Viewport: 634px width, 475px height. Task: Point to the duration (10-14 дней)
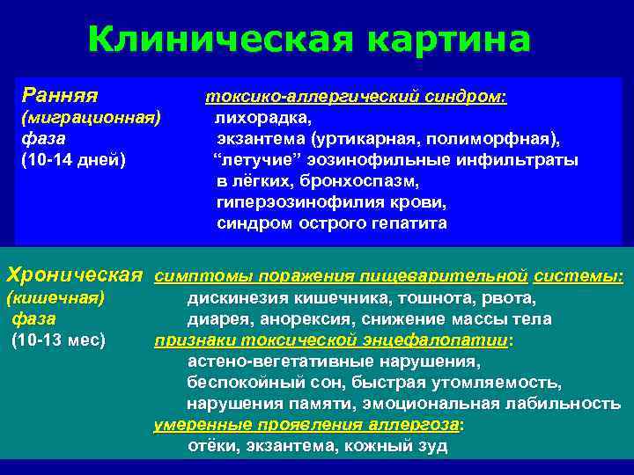click(73, 159)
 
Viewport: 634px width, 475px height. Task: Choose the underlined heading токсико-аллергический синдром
click(356, 96)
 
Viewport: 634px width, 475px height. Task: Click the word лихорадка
click(262, 117)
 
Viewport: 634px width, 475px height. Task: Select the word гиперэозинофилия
click(284, 201)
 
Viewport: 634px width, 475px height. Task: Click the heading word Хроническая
click(75, 274)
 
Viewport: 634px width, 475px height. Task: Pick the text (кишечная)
click(55, 297)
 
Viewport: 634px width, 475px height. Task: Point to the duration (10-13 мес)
click(59, 340)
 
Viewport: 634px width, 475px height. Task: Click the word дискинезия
click(232, 297)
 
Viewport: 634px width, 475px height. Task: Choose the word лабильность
click(573, 403)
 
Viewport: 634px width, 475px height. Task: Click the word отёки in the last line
click(211, 445)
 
